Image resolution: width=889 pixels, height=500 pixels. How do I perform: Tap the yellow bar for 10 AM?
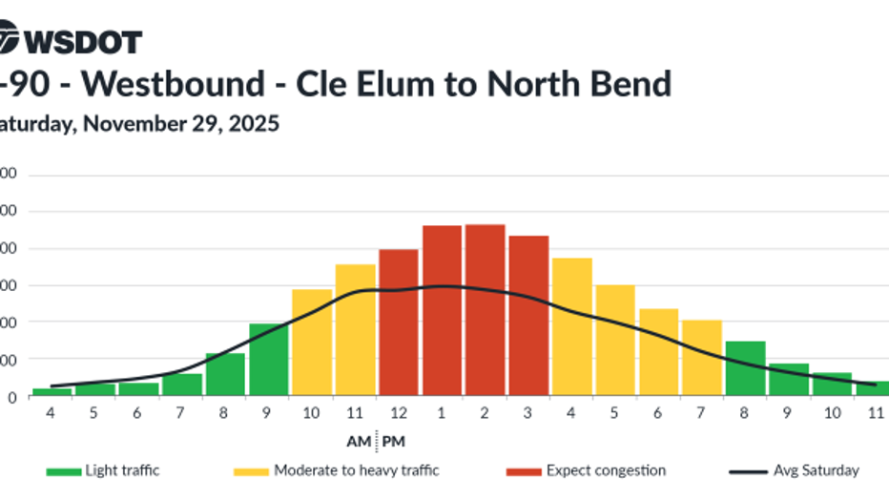(312, 343)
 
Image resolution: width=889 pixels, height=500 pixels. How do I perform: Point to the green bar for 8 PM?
(745, 368)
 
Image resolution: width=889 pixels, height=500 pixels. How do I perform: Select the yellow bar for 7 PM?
(702, 358)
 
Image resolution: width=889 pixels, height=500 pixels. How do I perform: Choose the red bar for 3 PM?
(528, 315)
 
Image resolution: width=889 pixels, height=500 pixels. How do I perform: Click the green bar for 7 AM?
(182, 385)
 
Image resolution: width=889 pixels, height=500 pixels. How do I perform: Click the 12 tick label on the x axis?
(399, 412)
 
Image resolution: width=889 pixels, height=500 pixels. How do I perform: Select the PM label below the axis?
(393, 442)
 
